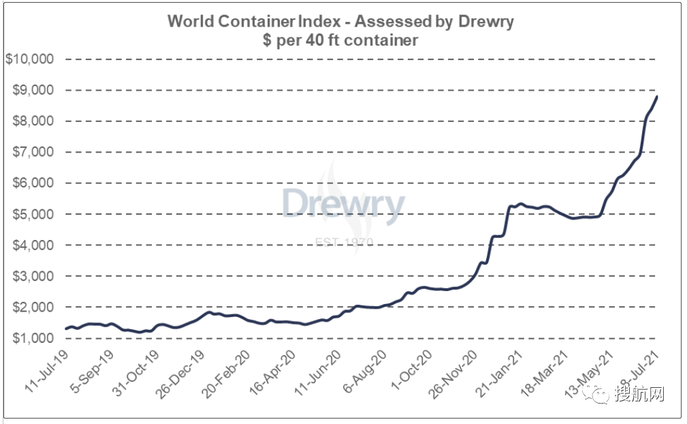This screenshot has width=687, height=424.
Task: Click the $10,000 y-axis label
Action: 29,59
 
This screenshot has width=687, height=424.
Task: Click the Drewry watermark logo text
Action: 343,204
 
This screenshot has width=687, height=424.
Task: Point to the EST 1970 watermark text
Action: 343,242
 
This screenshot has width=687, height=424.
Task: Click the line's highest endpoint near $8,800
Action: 657,96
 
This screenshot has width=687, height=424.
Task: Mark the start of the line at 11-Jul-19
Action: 66,329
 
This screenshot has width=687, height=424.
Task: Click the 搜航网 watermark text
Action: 638,395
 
